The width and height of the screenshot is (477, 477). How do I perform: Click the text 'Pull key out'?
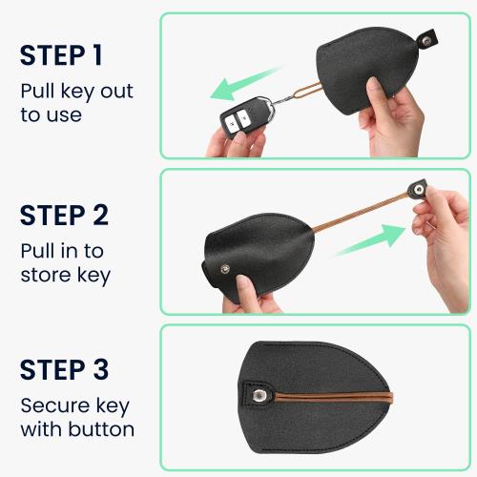click(x=76, y=92)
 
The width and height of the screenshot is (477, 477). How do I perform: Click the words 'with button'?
click(x=76, y=429)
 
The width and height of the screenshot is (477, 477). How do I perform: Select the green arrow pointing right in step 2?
click(x=367, y=239)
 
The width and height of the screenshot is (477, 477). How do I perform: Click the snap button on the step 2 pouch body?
click(x=225, y=270)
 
